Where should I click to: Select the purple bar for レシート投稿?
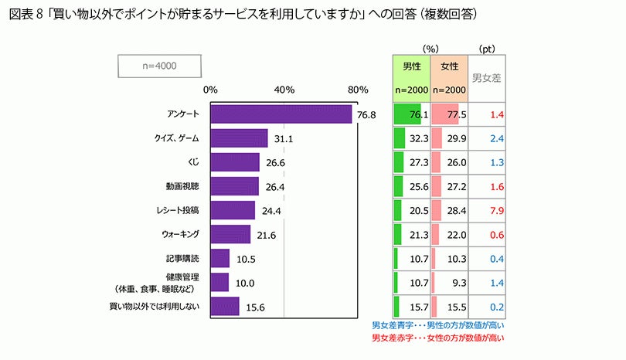tap(232, 210)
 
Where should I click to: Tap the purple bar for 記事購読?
tap(219, 258)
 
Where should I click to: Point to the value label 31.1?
tap(284, 139)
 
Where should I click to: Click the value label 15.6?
tap(255, 307)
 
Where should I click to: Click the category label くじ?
tap(193, 162)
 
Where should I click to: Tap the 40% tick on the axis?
tap(284, 90)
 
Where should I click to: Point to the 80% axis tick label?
tap(358, 90)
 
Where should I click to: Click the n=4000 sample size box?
tap(160, 66)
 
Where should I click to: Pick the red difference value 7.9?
tap(497, 210)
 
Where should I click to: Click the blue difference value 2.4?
tap(497, 138)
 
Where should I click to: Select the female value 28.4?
tap(457, 210)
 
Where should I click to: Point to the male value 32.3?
tap(418, 138)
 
